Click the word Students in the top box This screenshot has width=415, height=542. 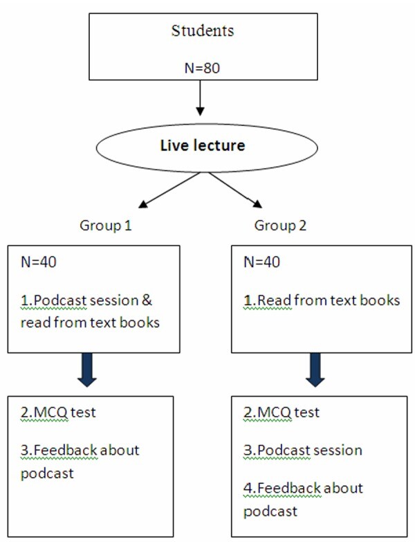(x=203, y=30)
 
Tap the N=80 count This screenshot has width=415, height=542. (x=203, y=68)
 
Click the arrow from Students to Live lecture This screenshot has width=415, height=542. (x=201, y=98)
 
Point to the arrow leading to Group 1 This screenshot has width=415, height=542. (x=169, y=190)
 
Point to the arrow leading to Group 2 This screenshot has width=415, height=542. (x=235, y=190)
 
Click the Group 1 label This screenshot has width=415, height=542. (x=106, y=226)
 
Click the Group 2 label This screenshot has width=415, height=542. (x=280, y=226)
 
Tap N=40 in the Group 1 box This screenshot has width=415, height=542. (x=38, y=262)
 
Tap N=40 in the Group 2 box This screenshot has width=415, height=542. (x=261, y=262)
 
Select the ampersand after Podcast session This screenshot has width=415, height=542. (x=147, y=300)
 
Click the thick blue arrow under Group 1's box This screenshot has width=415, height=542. (x=87, y=370)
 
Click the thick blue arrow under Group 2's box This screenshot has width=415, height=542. (x=315, y=370)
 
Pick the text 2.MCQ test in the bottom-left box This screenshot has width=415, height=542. (x=58, y=412)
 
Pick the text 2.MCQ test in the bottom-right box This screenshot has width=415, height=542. (x=282, y=412)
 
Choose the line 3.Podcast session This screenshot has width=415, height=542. (x=303, y=450)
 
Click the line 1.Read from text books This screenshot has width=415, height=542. (x=322, y=300)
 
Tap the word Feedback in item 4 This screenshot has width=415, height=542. (x=289, y=488)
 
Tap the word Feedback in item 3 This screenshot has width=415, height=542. (x=66, y=450)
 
